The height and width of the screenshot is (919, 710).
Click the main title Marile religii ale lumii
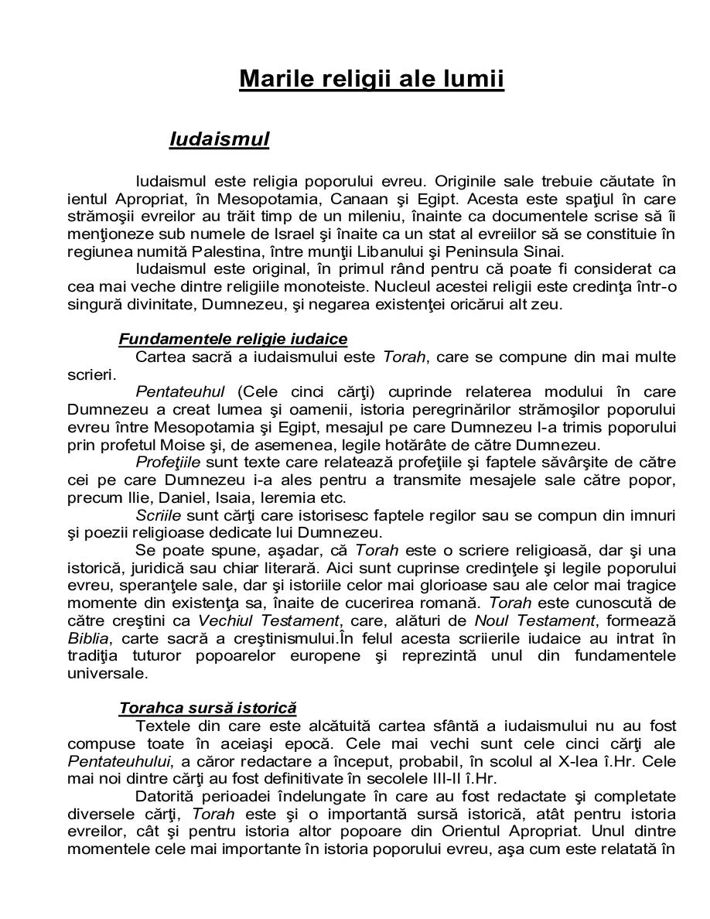(x=371, y=79)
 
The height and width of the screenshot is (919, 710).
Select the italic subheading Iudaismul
(x=219, y=139)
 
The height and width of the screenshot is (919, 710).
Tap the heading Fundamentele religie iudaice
(x=233, y=339)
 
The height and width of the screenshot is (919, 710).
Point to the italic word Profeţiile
(x=168, y=462)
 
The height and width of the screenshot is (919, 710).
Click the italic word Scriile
(x=159, y=514)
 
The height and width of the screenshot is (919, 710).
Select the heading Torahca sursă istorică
(x=207, y=708)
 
